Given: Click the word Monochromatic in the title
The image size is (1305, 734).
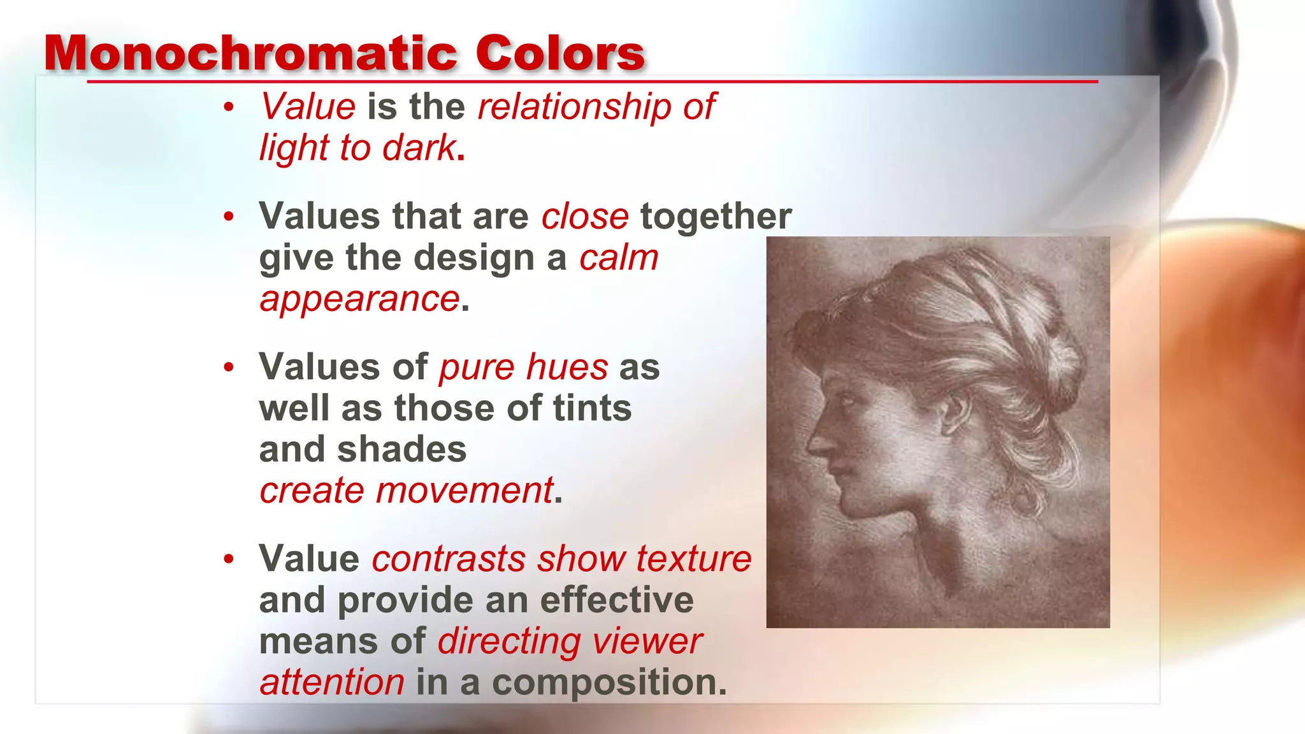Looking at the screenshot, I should tap(250, 54).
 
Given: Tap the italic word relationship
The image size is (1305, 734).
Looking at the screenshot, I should tap(574, 106).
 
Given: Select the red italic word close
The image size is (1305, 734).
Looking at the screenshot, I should tap(585, 217).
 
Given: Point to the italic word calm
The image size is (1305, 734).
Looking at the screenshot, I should tap(619, 258).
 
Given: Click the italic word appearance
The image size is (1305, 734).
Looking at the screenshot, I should tap(359, 299).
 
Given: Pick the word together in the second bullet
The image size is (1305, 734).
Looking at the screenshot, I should tap(716, 217).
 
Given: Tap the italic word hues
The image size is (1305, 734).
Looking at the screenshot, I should tap(567, 368).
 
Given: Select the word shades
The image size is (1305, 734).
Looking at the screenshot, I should tap(402, 450).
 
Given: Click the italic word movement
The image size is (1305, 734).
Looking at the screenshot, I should tap(465, 491).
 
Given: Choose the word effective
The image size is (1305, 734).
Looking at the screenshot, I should tap(617, 600).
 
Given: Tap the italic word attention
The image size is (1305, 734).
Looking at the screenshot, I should tap(332, 682).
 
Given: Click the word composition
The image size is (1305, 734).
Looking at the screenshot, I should tap(609, 682).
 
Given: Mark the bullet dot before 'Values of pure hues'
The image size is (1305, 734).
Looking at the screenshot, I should tap(229, 368).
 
